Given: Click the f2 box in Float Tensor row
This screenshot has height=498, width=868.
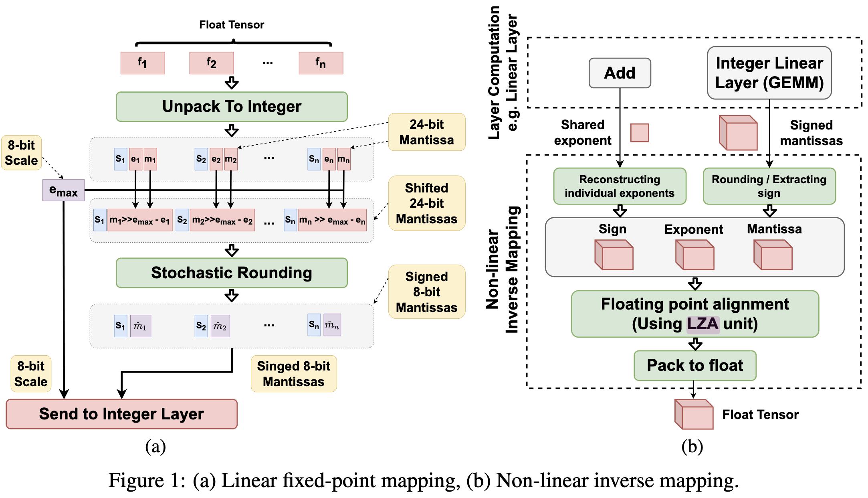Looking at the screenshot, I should coord(212,63).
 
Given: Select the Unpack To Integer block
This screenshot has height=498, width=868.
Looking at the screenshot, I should coord(232,107).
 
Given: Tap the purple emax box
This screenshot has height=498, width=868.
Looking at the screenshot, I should coord(63,190).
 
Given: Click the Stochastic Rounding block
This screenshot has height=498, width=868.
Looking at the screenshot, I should coord(232,273).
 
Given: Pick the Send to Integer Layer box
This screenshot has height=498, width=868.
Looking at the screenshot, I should coord(121,414).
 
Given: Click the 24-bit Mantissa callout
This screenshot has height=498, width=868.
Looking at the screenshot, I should coord(426,132).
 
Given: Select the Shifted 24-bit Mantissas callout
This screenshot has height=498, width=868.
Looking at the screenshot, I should coord(426,203).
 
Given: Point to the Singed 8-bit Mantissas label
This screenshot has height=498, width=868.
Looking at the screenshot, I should coord(294,374).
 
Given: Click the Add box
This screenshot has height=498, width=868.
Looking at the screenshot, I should coord(620,73).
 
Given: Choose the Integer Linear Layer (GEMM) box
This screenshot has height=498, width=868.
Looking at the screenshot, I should coord(769,73).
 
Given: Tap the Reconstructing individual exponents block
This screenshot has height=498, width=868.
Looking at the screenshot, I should coord(620,186).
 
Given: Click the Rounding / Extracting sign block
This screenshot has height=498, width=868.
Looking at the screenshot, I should coord(769,186).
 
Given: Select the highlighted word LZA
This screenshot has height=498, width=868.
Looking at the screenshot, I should coord(703,324).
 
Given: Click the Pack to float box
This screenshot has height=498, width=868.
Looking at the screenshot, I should coord(695,365).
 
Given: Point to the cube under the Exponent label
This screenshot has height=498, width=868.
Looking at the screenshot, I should coord(694,255).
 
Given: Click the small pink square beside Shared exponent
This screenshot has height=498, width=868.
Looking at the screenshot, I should coord(640,133).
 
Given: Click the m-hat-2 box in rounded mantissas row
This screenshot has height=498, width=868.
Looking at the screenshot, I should coord(220,326).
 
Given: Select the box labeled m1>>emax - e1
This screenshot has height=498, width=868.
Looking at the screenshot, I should coord(140,220).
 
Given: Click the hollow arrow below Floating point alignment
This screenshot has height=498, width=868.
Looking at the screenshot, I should coord(695,344).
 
